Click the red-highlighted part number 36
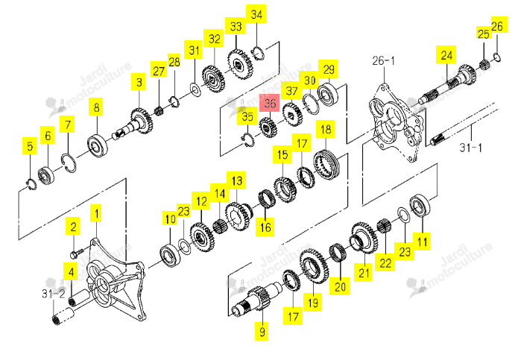(x=270, y=103)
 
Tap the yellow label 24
(x=446, y=54)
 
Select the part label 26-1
(x=383, y=61)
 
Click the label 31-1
(x=470, y=148)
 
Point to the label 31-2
(x=53, y=293)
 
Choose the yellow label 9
(x=262, y=331)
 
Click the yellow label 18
(x=326, y=129)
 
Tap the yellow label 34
(x=256, y=14)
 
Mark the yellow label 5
(x=30, y=145)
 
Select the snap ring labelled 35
(x=248, y=139)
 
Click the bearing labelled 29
(x=328, y=94)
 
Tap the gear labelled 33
(x=240, y=65)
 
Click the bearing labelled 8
(x=98, y=145)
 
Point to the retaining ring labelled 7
(x=69, y=163)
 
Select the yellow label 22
(x=385, y=262)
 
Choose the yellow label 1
(x=96, y=214)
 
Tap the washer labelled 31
(x=196, y=90)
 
